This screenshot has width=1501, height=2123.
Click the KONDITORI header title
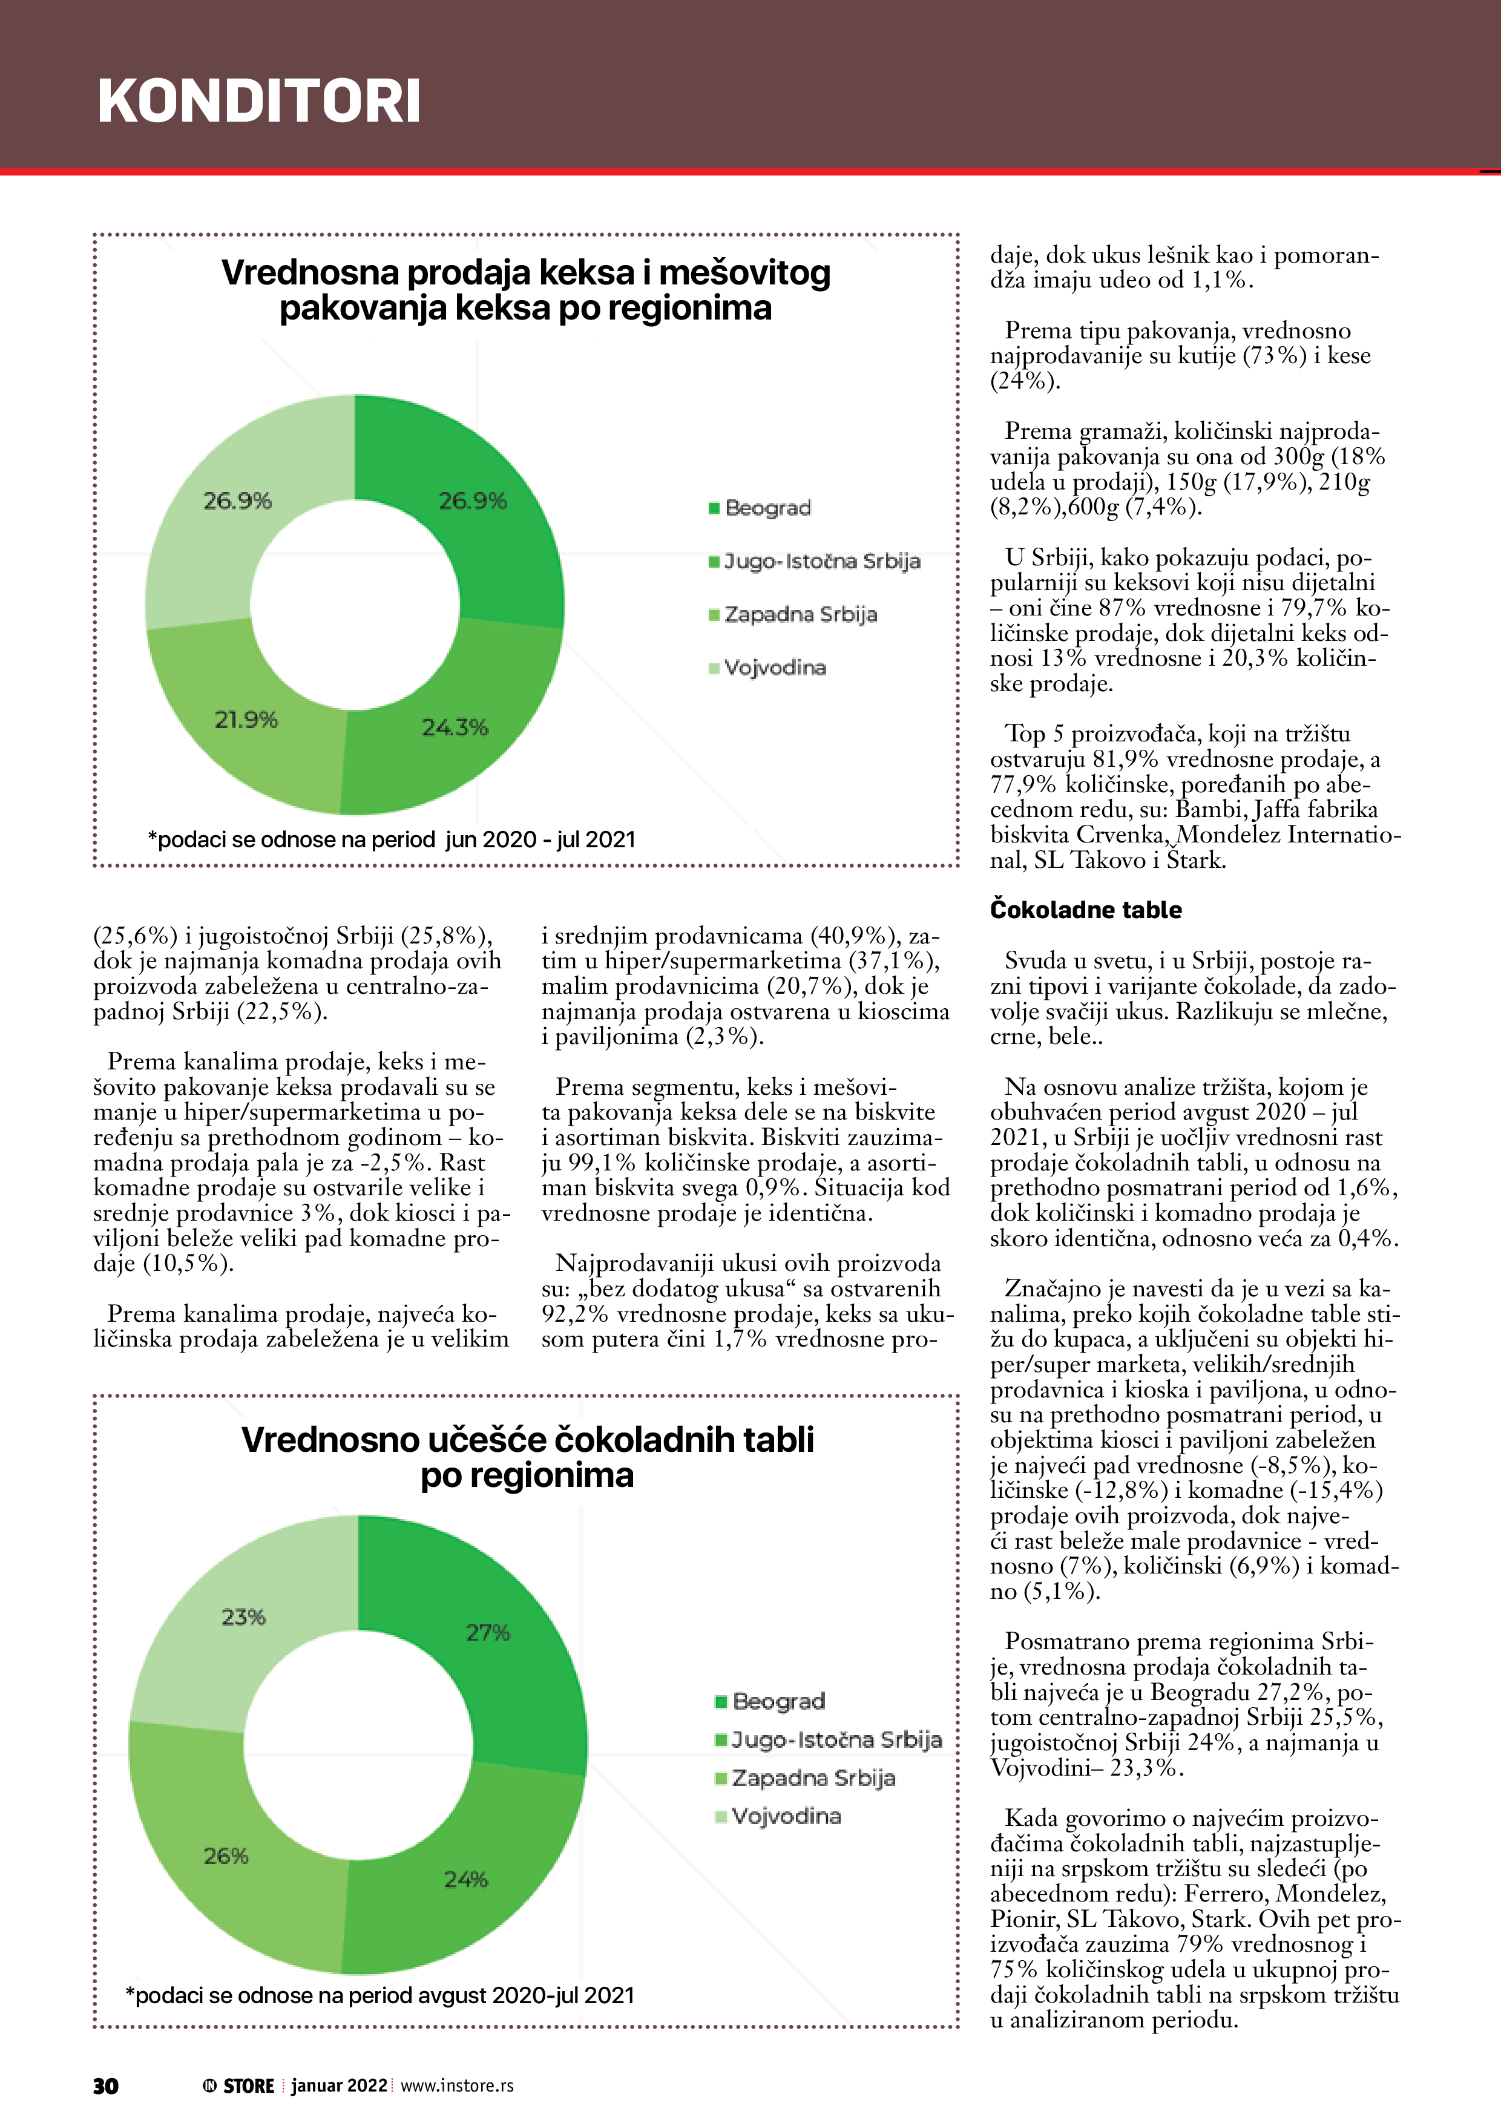(x=259, y=101)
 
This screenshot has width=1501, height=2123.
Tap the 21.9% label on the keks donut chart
(x=246, y=720)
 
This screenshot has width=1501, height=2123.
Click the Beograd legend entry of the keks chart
(x=767, y=508)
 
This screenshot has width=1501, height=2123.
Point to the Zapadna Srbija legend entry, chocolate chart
(x=812, y=1777)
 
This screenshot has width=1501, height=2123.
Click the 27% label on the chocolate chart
(x=487, y=1632)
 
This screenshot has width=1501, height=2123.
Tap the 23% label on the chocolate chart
(x=243, y=1616)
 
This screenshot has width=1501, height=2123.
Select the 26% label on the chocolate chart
(x=226, y=1856)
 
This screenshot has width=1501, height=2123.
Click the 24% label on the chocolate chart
(x=465, y=1879)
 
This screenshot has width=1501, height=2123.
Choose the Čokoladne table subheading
(x=1086, y=910)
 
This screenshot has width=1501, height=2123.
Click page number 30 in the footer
(x=105, y=2086)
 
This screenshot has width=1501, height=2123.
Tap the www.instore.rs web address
(x=457, y=2086)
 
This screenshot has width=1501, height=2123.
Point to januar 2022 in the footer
(x=338, y=2086)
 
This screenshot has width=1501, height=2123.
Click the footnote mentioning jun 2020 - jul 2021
(x=391, y=839)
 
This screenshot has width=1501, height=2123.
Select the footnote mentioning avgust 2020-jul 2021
(x=379, y=1995)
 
